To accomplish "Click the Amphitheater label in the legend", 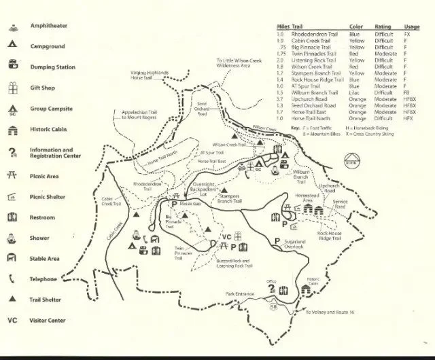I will (48, 25).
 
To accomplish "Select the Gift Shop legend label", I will (43, 88).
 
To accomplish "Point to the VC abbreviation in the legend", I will (12, 320).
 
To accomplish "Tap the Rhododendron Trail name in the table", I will (314, 33).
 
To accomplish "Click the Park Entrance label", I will (239, 294).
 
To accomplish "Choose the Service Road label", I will (341, 203).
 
